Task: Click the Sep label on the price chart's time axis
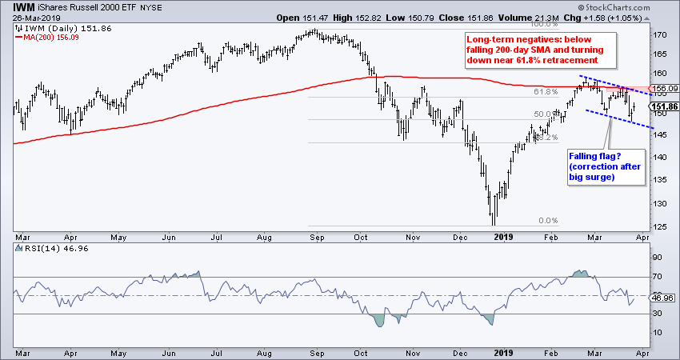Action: click(x=316, y=237)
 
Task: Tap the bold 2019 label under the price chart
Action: click(x=502, y=237)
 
